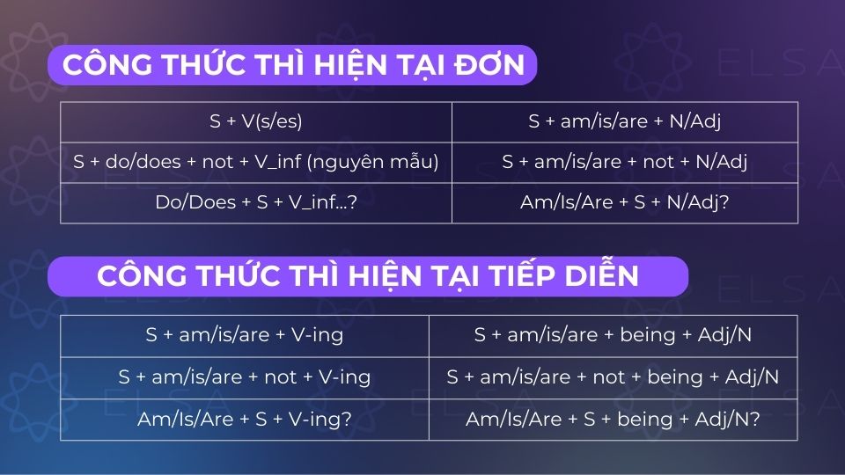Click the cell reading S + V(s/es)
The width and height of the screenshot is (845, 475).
255,122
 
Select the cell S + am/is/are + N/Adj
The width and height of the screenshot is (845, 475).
624,122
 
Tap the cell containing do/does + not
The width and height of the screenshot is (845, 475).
255,163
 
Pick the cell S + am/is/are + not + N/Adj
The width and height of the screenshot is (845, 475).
624,163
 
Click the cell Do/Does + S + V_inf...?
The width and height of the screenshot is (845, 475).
255,202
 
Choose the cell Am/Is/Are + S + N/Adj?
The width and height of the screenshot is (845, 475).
624,202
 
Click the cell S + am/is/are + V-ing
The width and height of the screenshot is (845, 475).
245,335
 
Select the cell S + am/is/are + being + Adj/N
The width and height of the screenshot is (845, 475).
613,335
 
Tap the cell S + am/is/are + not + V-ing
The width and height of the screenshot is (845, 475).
245,376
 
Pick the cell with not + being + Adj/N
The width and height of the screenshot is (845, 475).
613,376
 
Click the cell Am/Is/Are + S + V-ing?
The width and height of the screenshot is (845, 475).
245,419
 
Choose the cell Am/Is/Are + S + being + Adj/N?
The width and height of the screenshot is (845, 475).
613,419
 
